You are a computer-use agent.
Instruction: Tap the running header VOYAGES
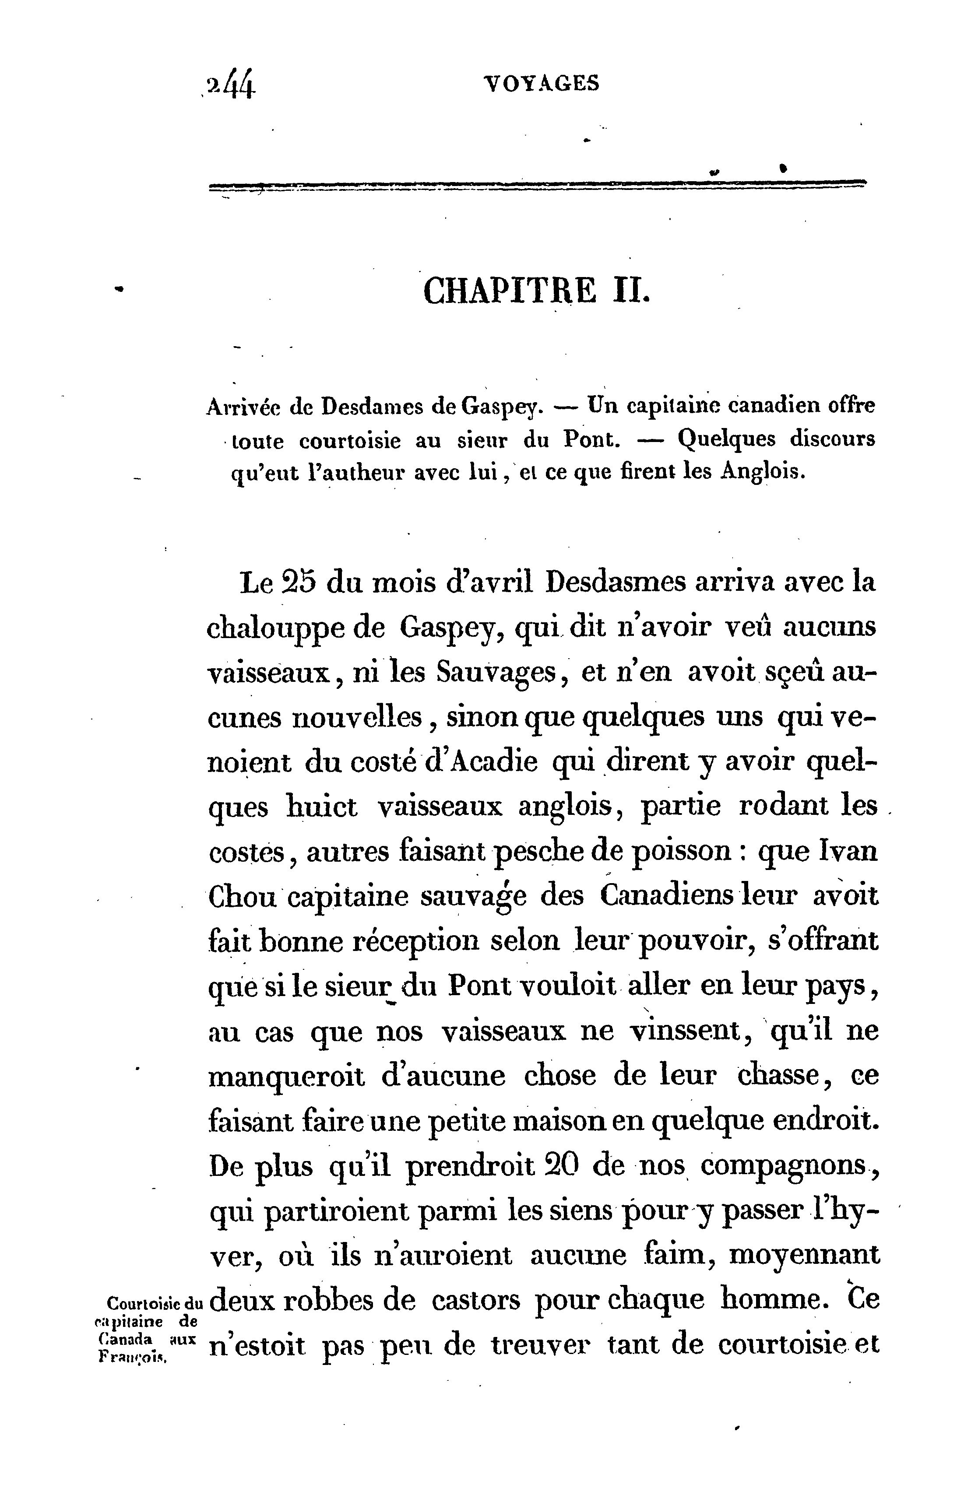(x=542, y=83)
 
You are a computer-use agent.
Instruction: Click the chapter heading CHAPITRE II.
(x=537, y=291)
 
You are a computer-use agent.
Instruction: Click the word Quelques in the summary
(x=726, y=440)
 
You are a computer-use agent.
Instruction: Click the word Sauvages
(x=496, y=673)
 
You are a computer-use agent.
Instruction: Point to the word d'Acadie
(x=482, y=762)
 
